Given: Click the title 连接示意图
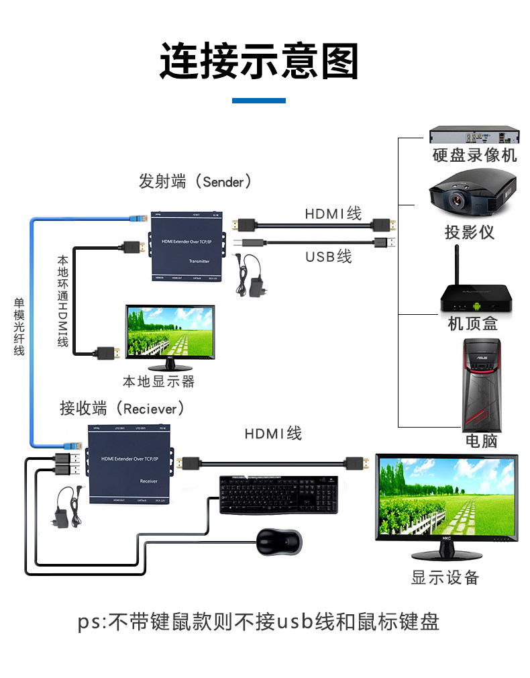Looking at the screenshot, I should tap(259, 62).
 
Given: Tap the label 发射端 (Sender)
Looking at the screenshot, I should tap(195, 181).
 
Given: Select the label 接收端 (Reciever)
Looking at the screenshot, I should tap(121, 408).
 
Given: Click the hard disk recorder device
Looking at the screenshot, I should tap(474, 134).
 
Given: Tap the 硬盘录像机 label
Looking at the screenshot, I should tap(474, 156).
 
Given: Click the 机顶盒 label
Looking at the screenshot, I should tap(473, 324).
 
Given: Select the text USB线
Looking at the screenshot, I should tap(328, 256).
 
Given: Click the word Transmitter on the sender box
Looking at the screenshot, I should tap(199, 262).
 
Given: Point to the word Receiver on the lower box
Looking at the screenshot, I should tap(148, 481).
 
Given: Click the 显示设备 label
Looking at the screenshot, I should tap(445, 577).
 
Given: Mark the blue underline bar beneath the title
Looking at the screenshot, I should tap(259, 101).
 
